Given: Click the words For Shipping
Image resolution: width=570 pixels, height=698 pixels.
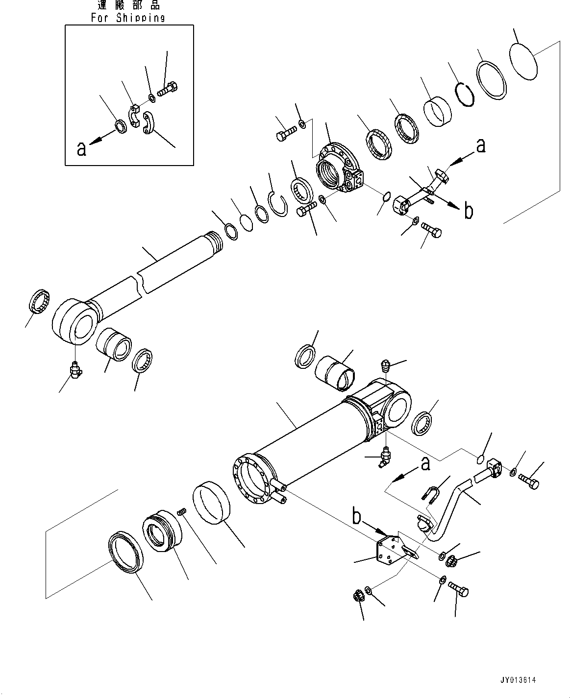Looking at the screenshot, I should tap(128, 18).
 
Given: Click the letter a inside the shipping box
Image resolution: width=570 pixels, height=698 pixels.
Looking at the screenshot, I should tap(82, 148).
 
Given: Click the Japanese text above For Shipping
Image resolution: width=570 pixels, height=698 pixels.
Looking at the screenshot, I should tap(128, 6).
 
